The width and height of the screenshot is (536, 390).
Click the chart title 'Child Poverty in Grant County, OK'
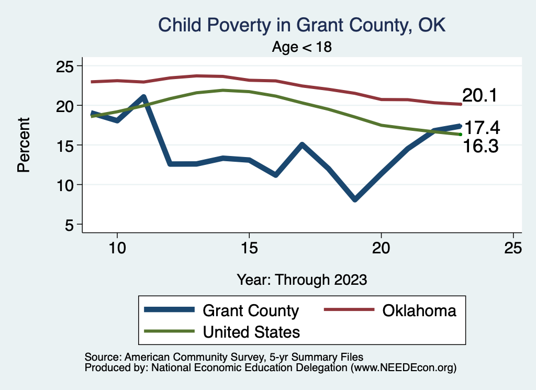click(301, 25)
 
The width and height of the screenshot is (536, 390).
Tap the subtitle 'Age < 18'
click(302, 47)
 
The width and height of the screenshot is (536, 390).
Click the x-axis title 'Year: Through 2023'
click(301, 279)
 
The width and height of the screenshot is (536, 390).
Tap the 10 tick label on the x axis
click(117, 248)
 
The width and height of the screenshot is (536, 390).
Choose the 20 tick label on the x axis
click(381, 248)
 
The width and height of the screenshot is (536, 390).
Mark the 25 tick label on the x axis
click(513, 248)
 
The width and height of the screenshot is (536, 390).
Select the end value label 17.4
click(482, 127)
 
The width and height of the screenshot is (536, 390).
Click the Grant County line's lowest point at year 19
click(355, 199)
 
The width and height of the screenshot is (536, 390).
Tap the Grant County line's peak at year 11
click(143, 97)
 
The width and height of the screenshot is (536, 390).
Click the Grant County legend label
click(250, 310)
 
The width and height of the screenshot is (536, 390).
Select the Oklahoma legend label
click(419, 310)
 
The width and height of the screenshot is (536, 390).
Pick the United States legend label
click(251, 331)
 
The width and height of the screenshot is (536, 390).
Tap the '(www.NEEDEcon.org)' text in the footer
click(403, 367)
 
